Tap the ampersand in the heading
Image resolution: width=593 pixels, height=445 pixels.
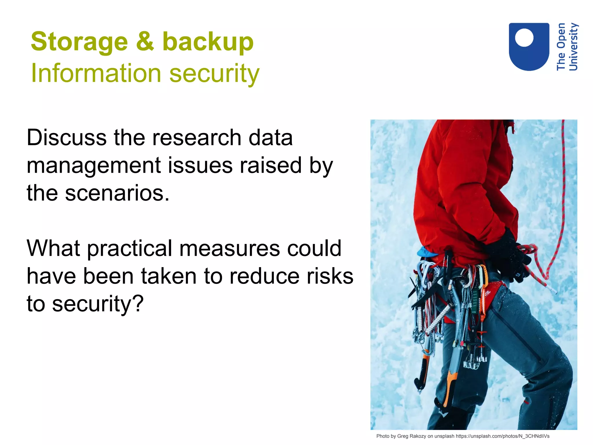point(145,41)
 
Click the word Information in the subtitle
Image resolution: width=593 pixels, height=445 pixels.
point(96,73)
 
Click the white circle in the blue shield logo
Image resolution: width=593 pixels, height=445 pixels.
point(524,38)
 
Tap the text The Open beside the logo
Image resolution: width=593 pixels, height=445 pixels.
point(561,47)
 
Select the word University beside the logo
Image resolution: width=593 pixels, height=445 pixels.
point(573,47)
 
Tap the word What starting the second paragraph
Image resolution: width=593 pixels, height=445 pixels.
point(53,248)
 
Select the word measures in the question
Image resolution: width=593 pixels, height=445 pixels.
point(229,248)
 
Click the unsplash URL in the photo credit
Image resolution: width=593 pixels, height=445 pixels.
point(502,436)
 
